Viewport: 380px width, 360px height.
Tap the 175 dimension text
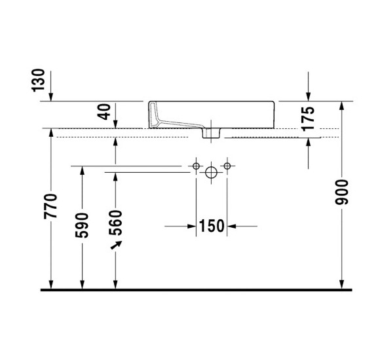309,119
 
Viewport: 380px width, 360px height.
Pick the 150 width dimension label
211,226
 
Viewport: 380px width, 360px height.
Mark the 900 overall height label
341,191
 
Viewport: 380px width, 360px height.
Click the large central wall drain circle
211,173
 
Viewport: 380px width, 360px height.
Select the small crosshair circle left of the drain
195,167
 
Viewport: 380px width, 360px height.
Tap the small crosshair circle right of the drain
227,167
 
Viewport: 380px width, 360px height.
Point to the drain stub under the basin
211,134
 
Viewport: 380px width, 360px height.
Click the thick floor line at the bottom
197,289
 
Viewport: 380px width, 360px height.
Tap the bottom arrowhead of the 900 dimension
341,283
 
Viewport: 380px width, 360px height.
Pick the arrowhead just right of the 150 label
231,226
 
